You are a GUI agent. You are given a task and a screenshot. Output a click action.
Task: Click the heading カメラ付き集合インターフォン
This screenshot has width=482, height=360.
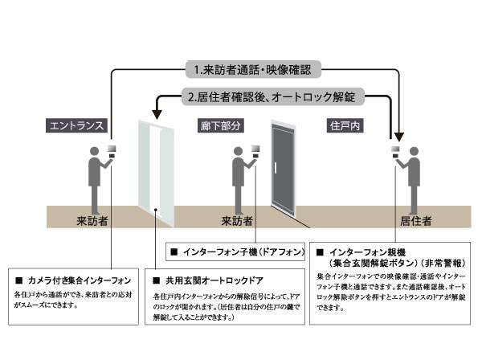(x=72, y=280)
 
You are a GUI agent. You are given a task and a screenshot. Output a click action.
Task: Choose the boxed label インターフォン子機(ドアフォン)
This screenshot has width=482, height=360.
(x=237, y=252)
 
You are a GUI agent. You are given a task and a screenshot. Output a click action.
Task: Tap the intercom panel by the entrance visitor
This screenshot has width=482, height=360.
(x=113, y=149)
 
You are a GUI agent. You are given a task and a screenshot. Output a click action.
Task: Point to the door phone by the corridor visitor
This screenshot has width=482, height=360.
(x=258, y=149)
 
